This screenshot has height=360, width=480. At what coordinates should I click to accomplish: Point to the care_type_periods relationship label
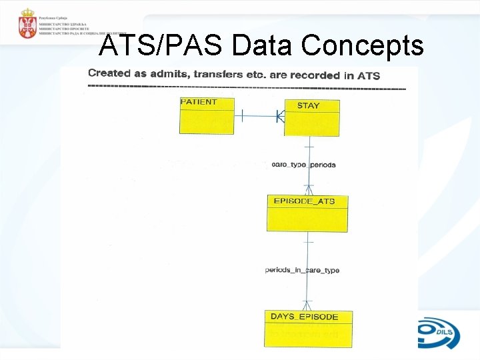(304, 165)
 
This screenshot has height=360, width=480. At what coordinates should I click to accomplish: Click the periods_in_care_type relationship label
(302, 270)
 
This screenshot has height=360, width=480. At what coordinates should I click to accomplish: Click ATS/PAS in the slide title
(161, 46)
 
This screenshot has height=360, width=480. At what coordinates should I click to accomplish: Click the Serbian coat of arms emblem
(28, 23)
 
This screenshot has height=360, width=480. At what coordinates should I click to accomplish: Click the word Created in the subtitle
(109, 74)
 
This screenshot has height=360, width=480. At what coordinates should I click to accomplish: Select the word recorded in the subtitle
(315, 75)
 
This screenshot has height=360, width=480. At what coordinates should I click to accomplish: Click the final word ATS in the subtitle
(368, 75)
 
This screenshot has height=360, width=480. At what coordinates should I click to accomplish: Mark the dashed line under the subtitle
(247, 87)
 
